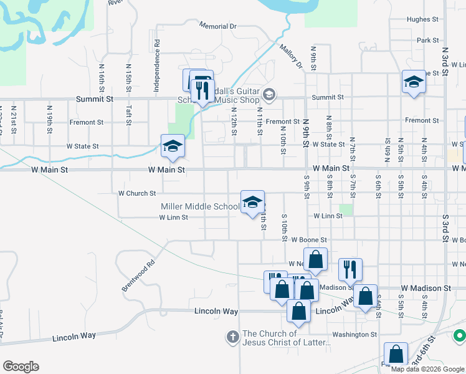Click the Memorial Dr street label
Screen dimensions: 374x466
click(218, 26)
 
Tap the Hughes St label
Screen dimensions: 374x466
click(423, 19)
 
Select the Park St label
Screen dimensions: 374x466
click(428, 41)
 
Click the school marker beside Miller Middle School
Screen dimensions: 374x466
click(252, 203)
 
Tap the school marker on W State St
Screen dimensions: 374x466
click(173, 147)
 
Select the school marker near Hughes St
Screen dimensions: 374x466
click(414, 82)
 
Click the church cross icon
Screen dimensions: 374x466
click(232, 337)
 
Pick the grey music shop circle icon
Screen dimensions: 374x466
click(269, 95)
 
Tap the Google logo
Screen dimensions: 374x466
click(21, 367)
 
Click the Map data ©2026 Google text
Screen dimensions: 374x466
click(427, 369)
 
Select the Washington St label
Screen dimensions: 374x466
click(354, 334)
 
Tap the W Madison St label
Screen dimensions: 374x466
click(426, 288)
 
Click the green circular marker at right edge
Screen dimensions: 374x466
click(460, 337)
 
